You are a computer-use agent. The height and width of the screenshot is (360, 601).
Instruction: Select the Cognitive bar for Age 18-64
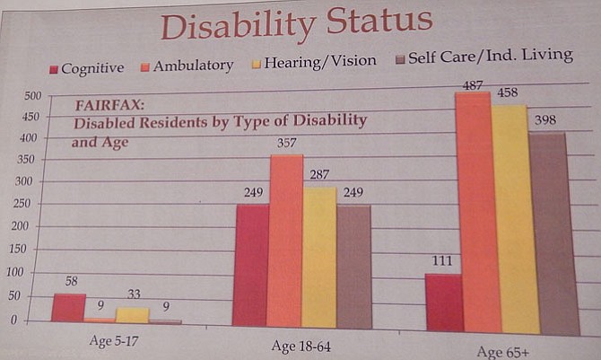251,265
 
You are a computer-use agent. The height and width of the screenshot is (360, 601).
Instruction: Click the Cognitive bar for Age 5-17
68,307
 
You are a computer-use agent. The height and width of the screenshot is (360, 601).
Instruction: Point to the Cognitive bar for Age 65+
443,303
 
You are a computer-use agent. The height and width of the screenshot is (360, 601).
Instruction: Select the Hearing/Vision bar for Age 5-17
133,314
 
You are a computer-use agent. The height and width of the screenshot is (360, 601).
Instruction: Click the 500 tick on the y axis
30,97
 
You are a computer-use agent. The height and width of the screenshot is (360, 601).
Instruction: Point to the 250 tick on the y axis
30,205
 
